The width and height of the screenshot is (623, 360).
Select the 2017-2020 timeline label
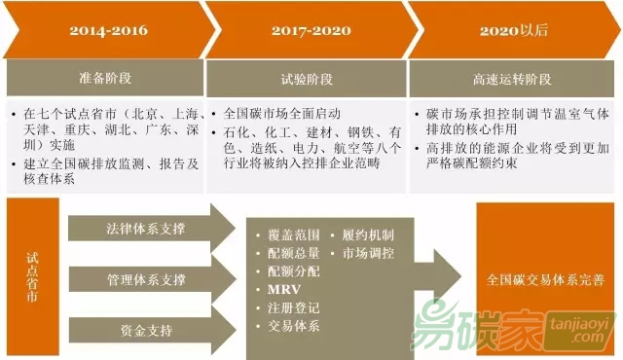click(x=309, y=30)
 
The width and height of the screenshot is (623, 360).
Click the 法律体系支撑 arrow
click(x=146, y=230)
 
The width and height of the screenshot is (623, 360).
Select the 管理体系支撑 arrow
click(x=146, y=280)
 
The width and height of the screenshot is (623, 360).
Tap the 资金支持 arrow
click(x=146, y=332)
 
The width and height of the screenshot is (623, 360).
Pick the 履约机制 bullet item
click(x=369, y=235)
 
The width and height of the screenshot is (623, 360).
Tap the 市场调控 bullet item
click(x=369, y=254)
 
